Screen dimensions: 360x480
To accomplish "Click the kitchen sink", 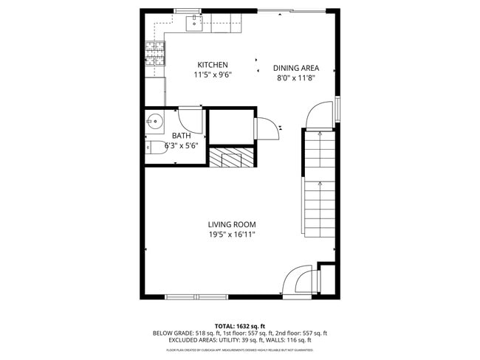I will click(193, 25).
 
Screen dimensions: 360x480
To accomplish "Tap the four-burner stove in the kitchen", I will click(155, 52).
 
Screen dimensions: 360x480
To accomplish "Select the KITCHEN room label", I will click(212, 65).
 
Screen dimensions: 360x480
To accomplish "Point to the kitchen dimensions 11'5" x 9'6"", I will click(212, 75).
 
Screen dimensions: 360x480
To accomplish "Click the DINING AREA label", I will click(296, 68).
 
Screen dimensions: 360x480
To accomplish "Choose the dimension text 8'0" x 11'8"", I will click(296, 77).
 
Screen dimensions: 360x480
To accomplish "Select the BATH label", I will click(182, 136).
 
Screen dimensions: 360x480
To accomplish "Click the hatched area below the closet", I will click(232, 157).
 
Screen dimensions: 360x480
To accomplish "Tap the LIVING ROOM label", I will click(231, 224).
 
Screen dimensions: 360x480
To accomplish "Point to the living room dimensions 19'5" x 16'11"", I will click(231, 235).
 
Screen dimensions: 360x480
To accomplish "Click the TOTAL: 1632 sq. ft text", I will click(239, 325).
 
